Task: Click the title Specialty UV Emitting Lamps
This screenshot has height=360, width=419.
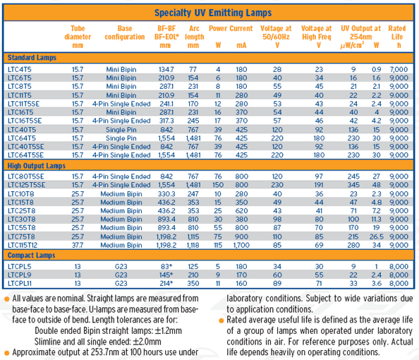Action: click(x=213, y=13)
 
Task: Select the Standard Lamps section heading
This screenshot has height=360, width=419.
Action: click(x=32, y=57)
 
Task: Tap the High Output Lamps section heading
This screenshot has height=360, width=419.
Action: click(x=37, y=166)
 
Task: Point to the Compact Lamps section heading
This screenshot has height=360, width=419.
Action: click(x=31, y=255)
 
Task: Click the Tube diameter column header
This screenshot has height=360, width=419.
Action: click(x=78, y=37)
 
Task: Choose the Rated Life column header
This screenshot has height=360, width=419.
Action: click(x=397, y=37)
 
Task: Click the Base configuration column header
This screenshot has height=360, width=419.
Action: click(x=125, y=32)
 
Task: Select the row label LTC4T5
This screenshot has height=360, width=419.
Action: click(x=20, y=70)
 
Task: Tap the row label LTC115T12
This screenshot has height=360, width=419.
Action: click(x=23, y=245)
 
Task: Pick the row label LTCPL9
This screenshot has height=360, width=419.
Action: click(x=20, y=275)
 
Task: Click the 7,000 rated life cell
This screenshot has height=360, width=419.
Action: click(x=399, y=70)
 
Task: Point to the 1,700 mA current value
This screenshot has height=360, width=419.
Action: click(x=241, y=245)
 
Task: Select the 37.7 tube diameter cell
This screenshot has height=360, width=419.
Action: click(x=78, y=245)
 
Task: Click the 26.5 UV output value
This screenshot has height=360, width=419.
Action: click(x=377, y=236)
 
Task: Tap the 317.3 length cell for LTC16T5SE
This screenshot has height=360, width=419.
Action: click(x=166, y=121)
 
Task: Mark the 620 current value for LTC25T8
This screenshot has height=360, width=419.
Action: click(x=241, y=211)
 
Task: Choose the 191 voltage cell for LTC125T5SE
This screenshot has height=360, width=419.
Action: click(x=319, y=185)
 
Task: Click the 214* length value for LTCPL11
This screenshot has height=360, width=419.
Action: click(x=166, y=284)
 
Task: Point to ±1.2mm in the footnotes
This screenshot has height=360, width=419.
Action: click(x=169, y=331)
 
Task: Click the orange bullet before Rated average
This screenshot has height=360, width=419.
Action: click(x=221, y=320)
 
